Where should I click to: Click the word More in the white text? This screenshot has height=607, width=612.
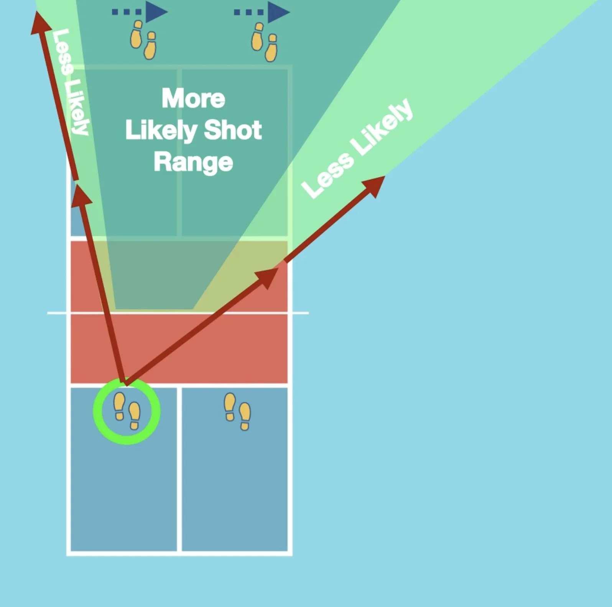(x=193, y=99)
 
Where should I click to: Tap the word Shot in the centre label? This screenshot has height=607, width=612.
(x=233, y=130)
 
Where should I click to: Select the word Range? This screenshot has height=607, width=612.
(x=193, y=163)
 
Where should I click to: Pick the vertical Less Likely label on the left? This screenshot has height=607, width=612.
(x=71, y=82)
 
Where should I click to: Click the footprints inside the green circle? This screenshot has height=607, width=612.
(x=127, y=411)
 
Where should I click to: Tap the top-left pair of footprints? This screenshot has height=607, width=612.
(x=143, y=40)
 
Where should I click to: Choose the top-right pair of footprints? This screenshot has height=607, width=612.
(x=264, y=42)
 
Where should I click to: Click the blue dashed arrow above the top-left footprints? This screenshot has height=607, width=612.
(x=140, y=12)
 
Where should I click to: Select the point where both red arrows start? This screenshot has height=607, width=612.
(x=125, y=382)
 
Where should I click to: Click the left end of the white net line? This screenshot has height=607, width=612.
(x=48, y=313)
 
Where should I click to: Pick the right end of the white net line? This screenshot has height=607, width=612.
(x=308, y=313)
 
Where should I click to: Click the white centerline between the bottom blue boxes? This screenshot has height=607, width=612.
(x=179, y=470)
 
